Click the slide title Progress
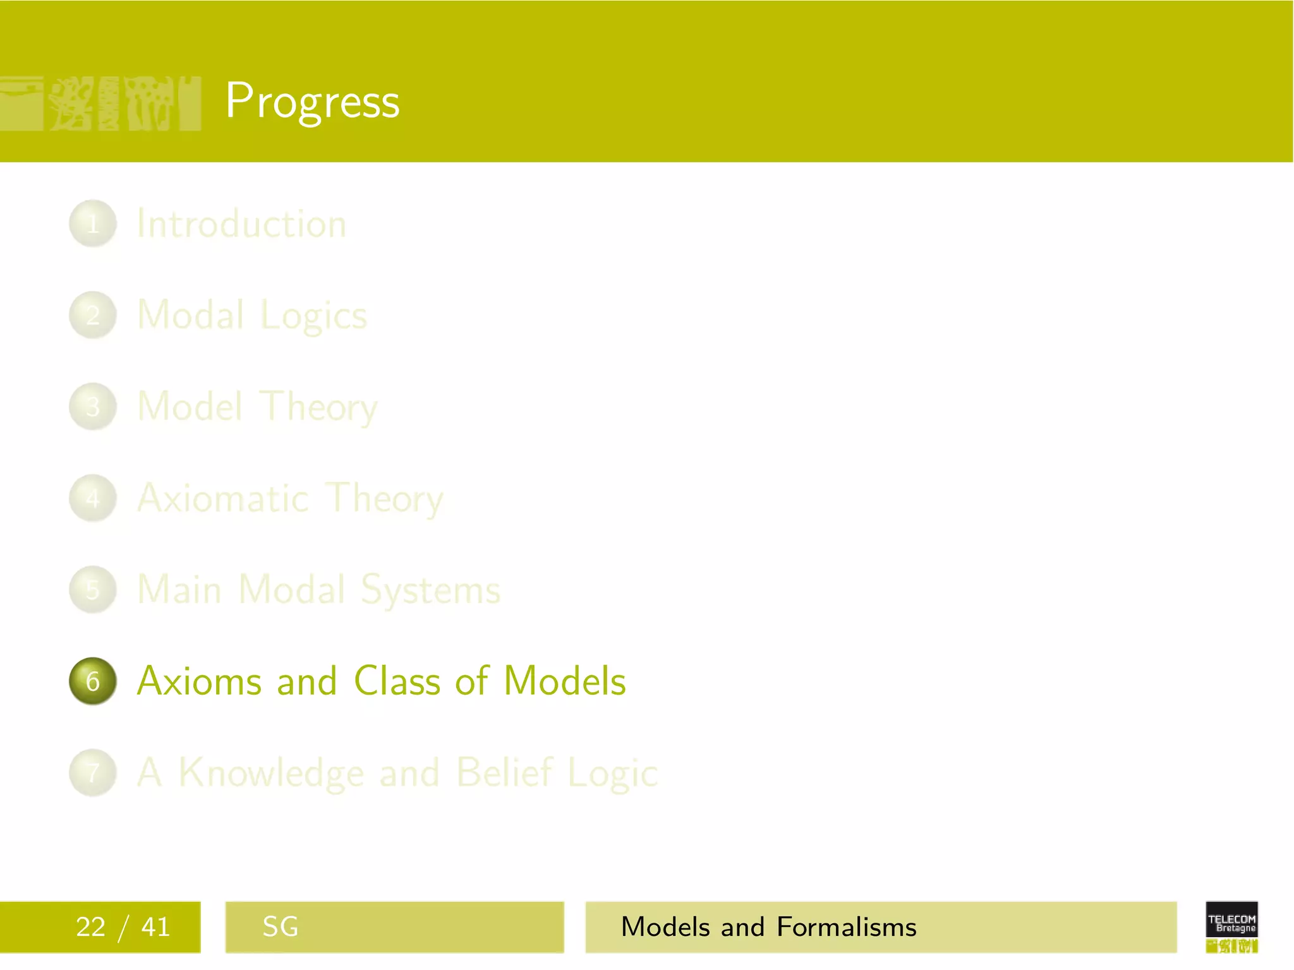[312, 101]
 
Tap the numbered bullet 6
[93, 681]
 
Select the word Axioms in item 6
[199, 681]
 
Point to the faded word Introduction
[241, 224]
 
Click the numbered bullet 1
[93, 224]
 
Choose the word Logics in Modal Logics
[313, 316]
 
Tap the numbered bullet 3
[93, 407]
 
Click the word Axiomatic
[222, 498]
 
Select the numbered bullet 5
[93, 590]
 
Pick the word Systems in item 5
[430, 590]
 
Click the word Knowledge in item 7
[272, 773]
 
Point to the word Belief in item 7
[504, 772]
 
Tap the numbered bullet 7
[93, 773]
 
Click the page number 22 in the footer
[90, 927]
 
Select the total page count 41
[155, 927]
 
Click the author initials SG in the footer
[280, 927]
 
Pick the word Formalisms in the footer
[846, 927]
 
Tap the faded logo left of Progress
[101, 103]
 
